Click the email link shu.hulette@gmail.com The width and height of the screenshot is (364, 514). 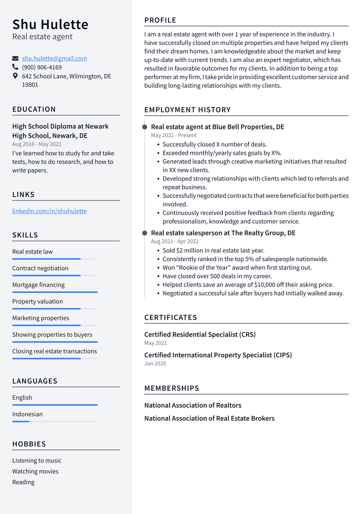pos(54,58)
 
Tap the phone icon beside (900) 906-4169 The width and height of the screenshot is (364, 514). pos(15,67)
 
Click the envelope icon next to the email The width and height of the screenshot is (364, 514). pos(15,58)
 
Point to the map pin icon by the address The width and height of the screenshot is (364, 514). pos(15,76)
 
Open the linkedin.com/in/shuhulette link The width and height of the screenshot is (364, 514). pos(49,211)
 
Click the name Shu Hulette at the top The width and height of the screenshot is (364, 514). pos(50,25)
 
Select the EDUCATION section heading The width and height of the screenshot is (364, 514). pos(34,109)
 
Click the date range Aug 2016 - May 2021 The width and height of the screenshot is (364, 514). pos(37,144)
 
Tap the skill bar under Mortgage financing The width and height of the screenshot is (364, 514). pos(55,292)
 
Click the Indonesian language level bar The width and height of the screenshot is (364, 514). pos(55,421)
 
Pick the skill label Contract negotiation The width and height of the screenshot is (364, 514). pos(40,268)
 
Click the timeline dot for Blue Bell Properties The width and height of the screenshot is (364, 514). pos(145,127)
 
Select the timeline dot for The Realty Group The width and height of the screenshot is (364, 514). pos(145,233)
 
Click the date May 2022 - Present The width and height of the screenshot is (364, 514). pos(174,135)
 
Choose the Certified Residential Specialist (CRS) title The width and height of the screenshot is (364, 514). pos(200,334)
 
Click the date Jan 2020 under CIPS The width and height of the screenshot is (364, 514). pos(155,363)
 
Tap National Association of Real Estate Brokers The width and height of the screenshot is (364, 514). pos(209,418)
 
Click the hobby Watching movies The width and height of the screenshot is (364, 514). pos(35,471)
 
